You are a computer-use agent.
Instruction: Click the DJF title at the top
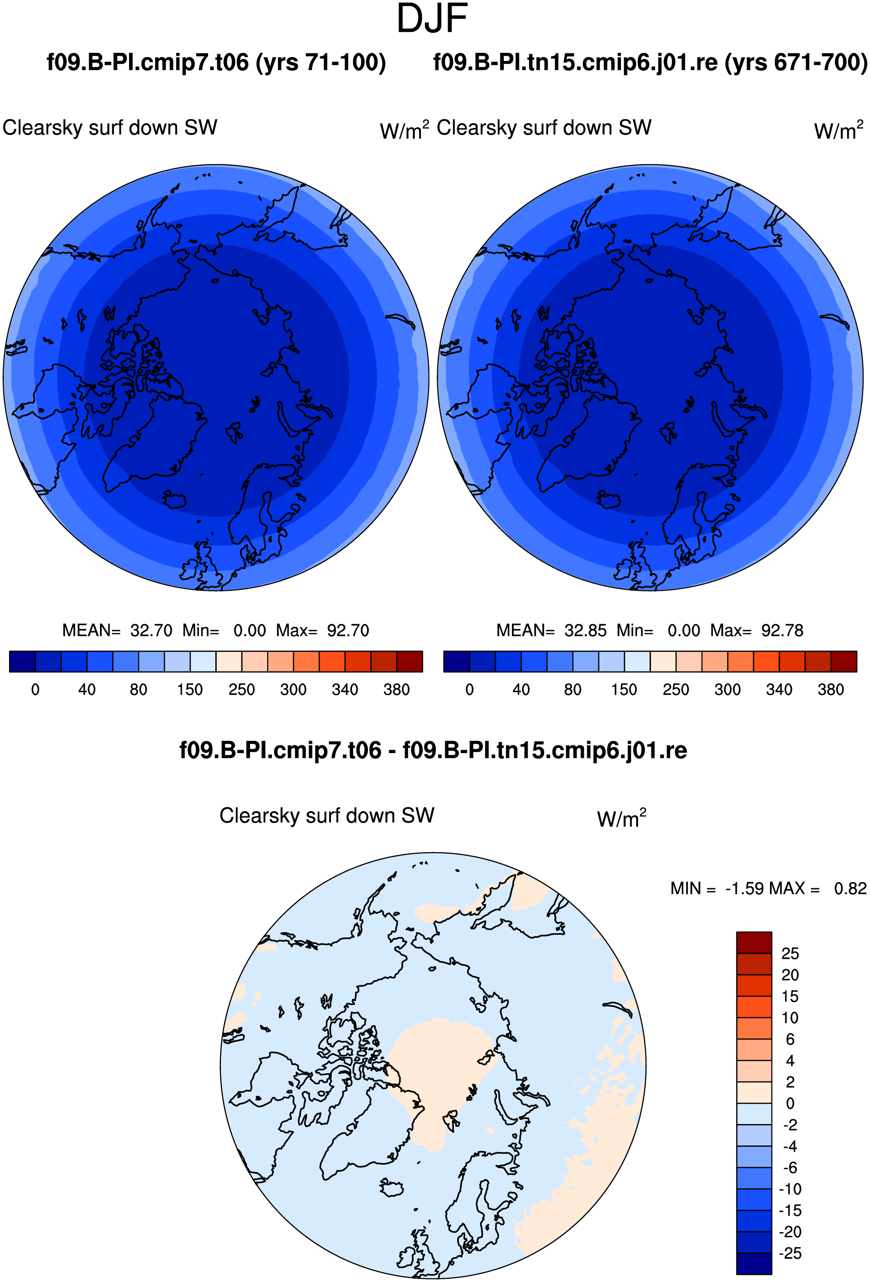point(432,18)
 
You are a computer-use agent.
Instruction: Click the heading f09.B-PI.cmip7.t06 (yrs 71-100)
point(216,62)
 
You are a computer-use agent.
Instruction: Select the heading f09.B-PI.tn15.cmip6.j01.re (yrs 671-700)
point(650,62)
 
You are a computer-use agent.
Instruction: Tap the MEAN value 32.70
point(151,630)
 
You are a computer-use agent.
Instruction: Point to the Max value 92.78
point(782,630)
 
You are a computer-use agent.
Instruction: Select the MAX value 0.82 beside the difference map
point(850,888)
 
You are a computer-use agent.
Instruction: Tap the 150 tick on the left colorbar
point(190,689)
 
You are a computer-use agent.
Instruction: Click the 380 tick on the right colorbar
point(831,689)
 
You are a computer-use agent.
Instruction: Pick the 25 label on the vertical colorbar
point(790,953)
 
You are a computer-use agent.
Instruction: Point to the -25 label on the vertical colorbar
point(790,1253)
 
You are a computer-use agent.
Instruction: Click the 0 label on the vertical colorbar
point(790,1103)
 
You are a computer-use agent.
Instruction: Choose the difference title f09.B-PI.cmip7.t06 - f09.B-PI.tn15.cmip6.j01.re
point(433,750)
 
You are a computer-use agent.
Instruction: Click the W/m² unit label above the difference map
point(621,817)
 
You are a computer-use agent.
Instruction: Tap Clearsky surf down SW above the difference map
point(327,815)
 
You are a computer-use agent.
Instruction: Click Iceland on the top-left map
point(174,500)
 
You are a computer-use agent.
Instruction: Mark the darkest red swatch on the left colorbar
point(410,661)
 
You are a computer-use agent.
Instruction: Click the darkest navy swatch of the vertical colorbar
point(754,1264)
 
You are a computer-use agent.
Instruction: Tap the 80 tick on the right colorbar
point(573,689)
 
